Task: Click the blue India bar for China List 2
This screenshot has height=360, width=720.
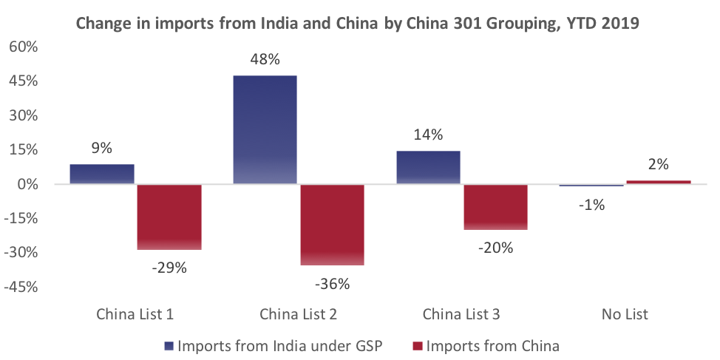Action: (x=265, y=129)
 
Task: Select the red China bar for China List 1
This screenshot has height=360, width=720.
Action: (x=169, y=217)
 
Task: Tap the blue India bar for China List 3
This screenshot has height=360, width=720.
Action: (x=428, y=167)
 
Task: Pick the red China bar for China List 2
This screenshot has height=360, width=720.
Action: (x=332, y=224)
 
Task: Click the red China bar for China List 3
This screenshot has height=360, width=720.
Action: (x=495, y=207)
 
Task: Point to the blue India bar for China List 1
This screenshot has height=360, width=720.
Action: (x=102, y=174)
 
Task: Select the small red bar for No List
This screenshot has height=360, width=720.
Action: (x=659, y=182)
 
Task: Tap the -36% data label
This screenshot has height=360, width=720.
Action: (x=332, y=283)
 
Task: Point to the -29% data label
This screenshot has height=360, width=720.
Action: (x=169, y=268)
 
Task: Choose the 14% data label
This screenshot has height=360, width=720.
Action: (x=428, y=135)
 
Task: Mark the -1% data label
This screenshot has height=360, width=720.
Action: (x=591, y=205)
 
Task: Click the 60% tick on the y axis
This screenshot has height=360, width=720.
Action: (x=22, y=47)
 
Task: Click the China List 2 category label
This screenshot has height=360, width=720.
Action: (x=298, y=314)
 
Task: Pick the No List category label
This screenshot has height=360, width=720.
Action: (x=625, y=314)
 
